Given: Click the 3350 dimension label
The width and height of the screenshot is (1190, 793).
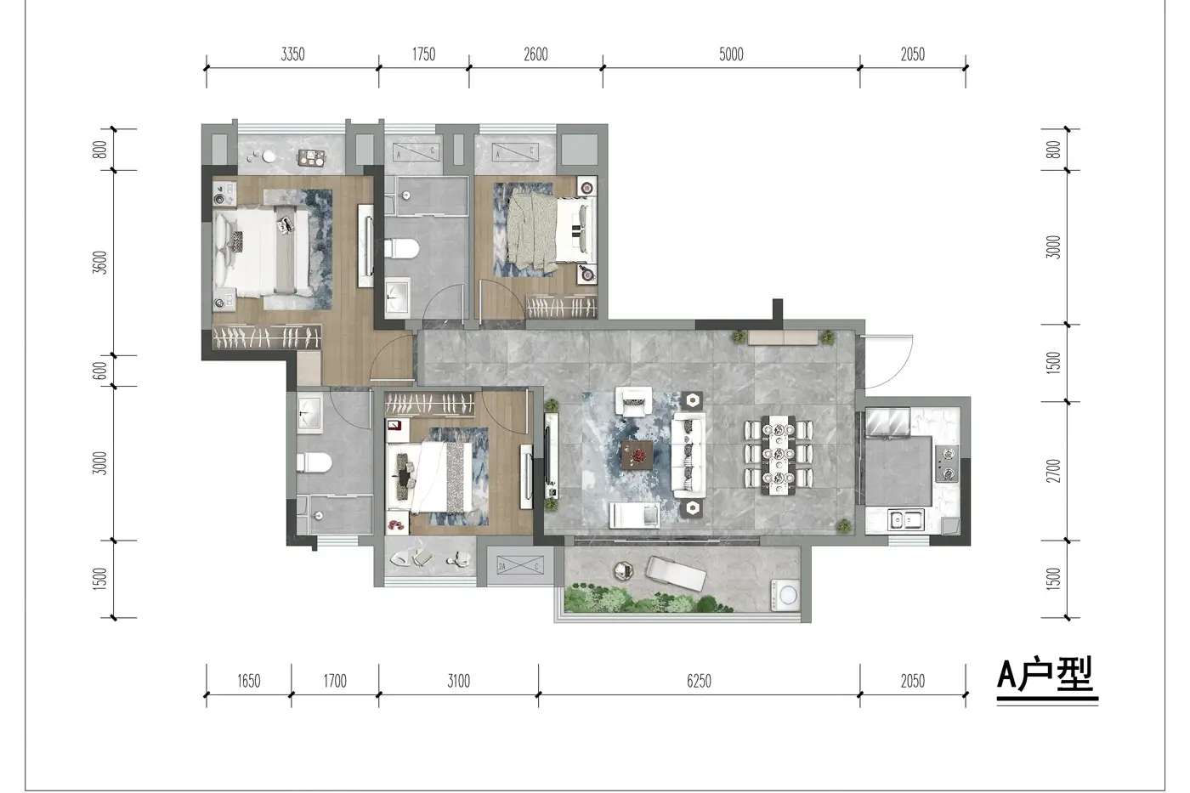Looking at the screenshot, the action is pyautogui.click(x=292, y=54).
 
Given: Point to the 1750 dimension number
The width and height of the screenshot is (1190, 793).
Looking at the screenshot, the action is pyautogui.click(x=423, y=54).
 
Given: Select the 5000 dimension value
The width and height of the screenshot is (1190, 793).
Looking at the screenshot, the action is pyautogui.click(x=731, y=54).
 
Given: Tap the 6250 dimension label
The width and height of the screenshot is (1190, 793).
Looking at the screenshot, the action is pyautogui.click(x=699, y=681).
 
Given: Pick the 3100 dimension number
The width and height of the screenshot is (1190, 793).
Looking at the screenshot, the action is pyautogui.click(x=458, y=681).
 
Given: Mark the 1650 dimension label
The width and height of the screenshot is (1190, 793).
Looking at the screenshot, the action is pyautogui.click(x=248, y=681).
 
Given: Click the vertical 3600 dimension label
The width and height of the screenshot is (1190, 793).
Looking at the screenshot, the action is pyautogui.click(x=100, y=263).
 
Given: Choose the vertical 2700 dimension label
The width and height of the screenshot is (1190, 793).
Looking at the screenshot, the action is pyautogui.click(x=1053, y=471).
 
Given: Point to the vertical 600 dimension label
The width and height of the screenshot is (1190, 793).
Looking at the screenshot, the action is pyautogui.click(x=100, y=371).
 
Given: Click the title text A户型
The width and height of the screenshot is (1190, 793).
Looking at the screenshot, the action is pyautogui.click(x=1045, y=674).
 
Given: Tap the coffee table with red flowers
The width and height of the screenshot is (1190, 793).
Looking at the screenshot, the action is pyautogui.click(x=637, y=455).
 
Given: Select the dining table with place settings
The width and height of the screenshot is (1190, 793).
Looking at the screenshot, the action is pyautogui.click(x=779, y=456).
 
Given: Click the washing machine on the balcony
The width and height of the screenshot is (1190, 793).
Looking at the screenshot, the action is pyautogui.click(x=786, y=596).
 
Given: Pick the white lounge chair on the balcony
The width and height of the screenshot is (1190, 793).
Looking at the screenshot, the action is pyautogui.click(x=676, y=574).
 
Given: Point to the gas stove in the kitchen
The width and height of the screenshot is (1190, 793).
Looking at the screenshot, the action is pyautogui.click(x=947, y=464).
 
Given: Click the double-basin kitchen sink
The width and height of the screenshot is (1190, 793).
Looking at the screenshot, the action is pyautogui.click(x=906, y=519).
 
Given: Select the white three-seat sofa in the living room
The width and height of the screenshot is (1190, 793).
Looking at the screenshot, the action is pyautogui.click(x=688, y=456).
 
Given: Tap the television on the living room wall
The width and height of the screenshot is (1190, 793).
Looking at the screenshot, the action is pyautogui.click(x=550, y=456).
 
